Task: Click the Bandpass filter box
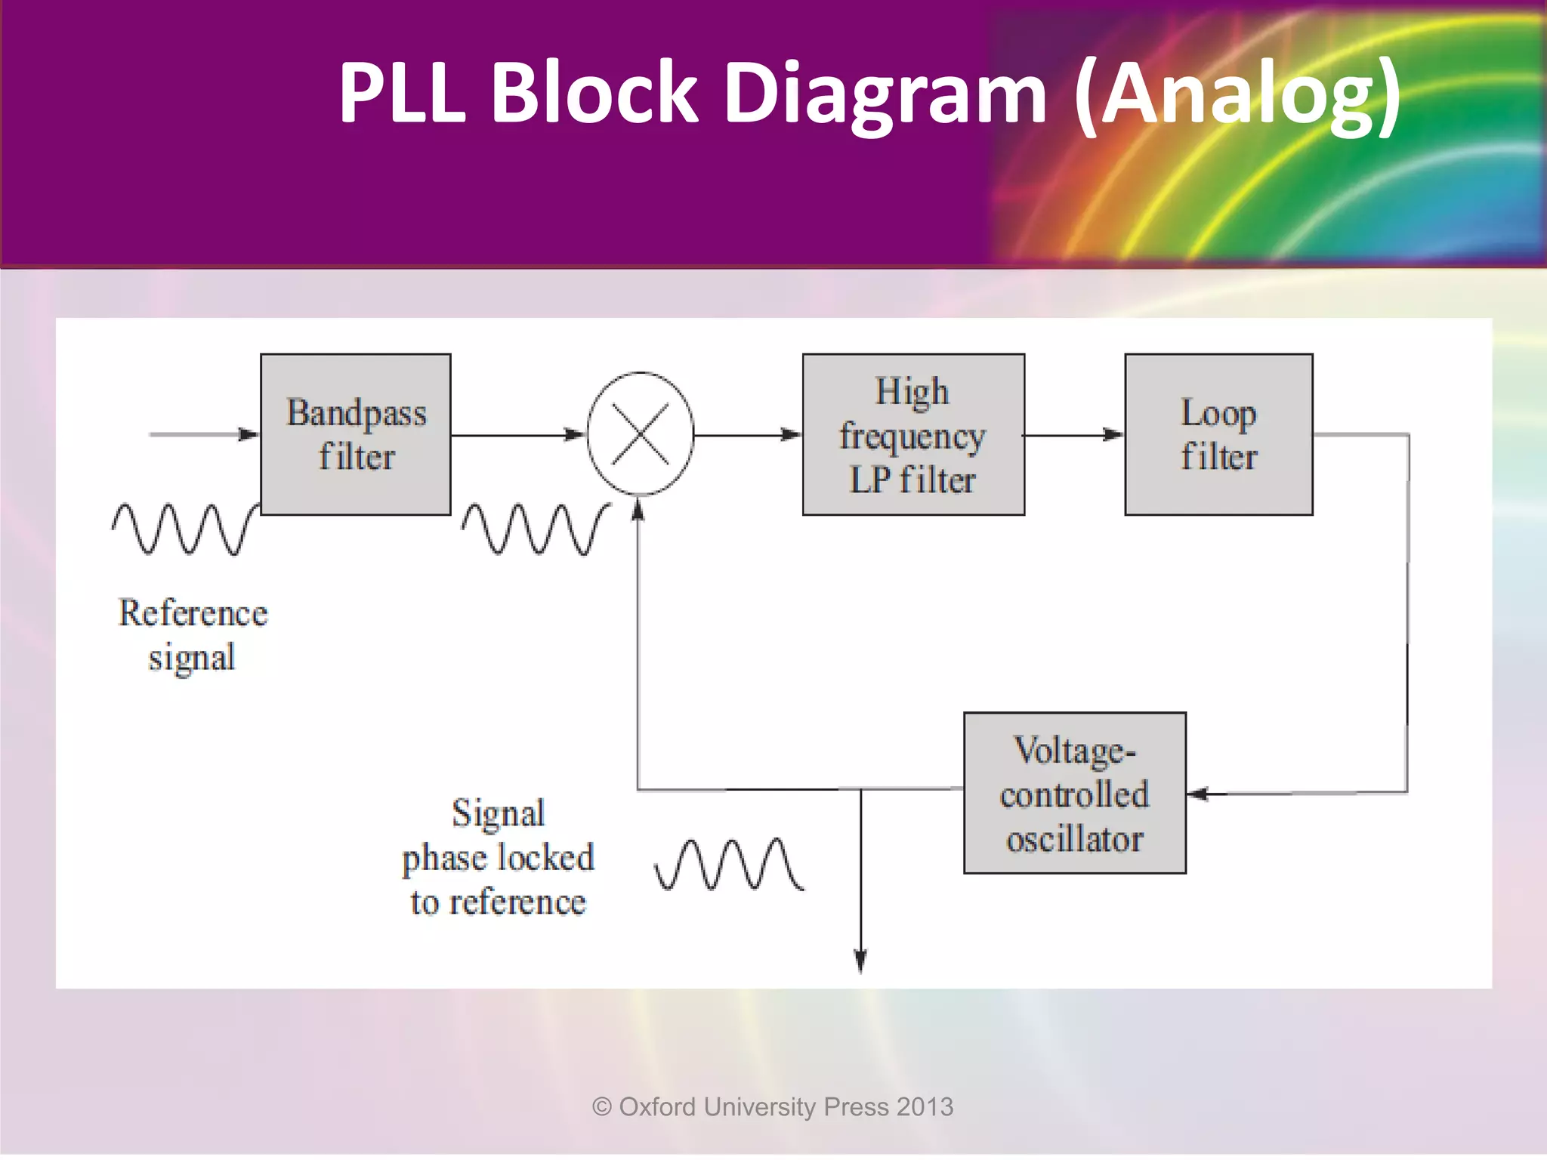[x=356, y=434]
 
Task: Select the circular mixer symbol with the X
[x=640, y=434]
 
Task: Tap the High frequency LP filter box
[x=913, y=434]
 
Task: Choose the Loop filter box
[x=1218, y=434]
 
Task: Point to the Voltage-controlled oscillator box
[x=1074, y=793]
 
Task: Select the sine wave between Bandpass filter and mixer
[x=534, y=529]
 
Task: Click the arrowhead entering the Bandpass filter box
[x=249, y=434]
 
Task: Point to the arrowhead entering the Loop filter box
[x=1113, y=434]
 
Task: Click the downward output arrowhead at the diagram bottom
[x=860, y=961]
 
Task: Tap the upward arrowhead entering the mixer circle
[x=638, y=511]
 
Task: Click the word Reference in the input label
[x=193, y=612]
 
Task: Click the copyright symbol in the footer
[x=602, y=1107]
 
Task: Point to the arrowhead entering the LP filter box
[x=791, y=434]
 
